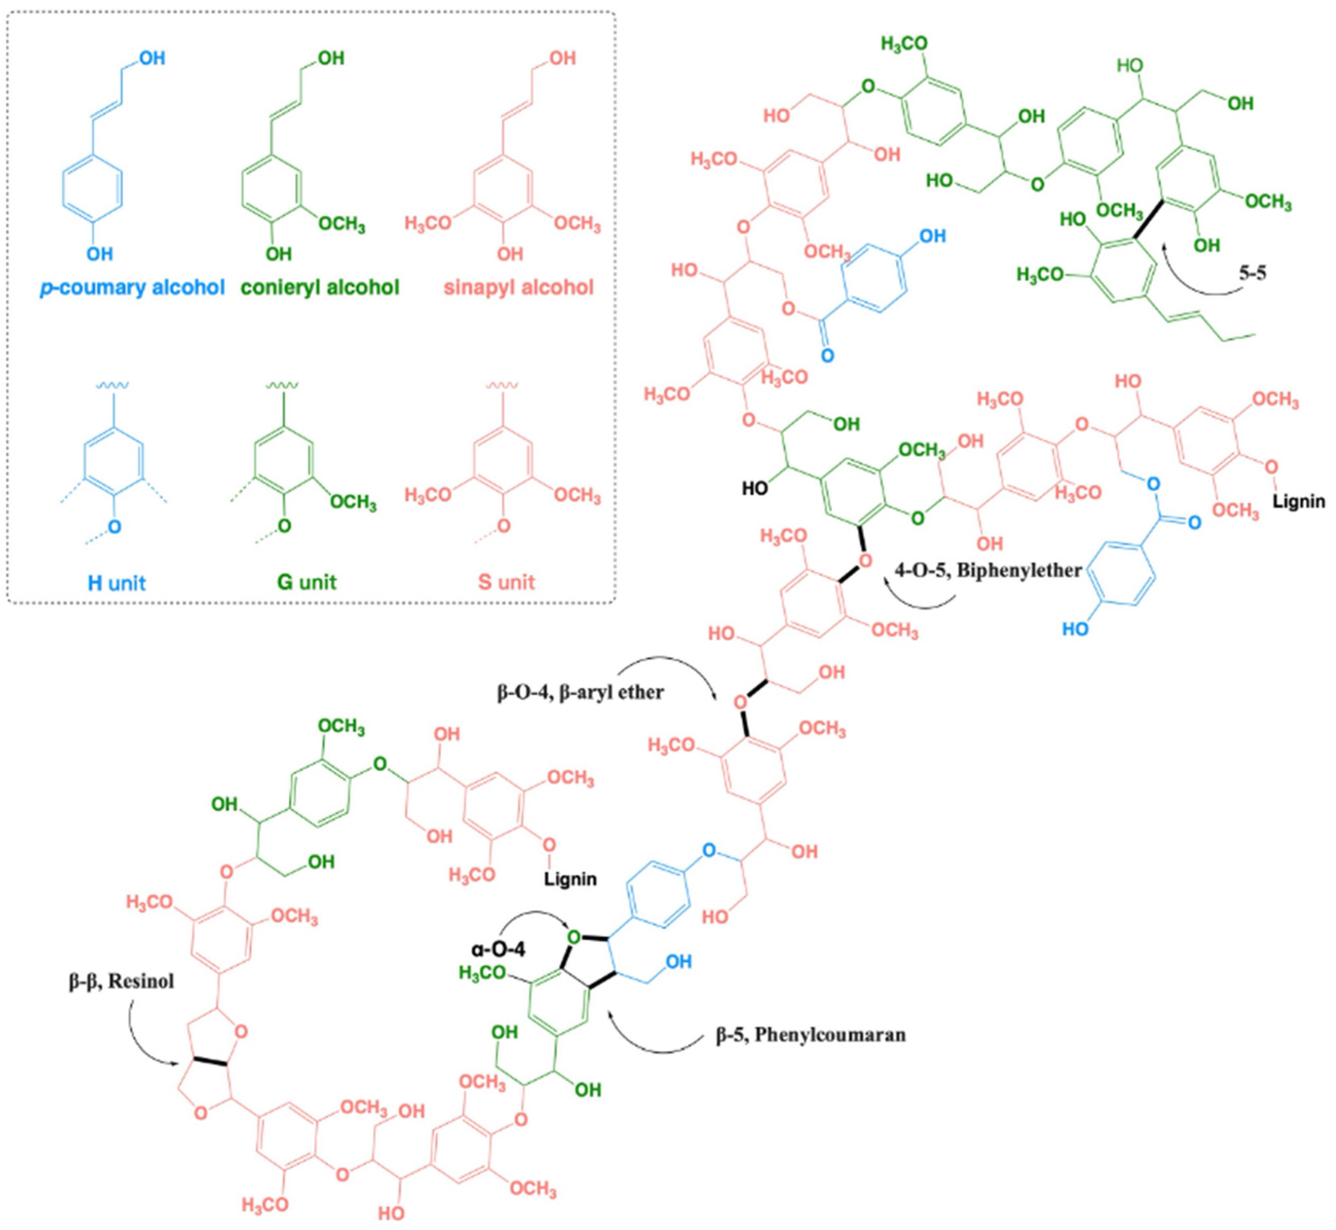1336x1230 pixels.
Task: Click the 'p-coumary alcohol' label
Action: [132, 288]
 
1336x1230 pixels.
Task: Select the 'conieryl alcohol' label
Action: [320, 288]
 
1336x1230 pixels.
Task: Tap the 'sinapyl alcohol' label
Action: [518, 288]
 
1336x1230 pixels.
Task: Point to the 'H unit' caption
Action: [117, 583]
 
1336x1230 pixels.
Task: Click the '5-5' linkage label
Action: [1252, 273]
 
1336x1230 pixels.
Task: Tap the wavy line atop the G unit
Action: [282, 385]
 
